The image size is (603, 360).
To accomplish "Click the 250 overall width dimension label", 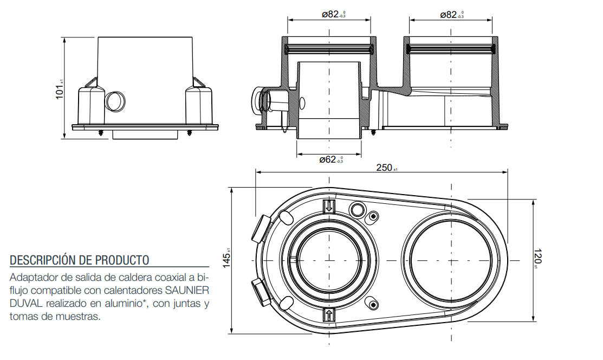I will click(384, 168).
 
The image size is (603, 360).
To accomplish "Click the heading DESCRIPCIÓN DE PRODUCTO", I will click(79, 260).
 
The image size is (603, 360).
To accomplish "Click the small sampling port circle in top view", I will click(357, 209).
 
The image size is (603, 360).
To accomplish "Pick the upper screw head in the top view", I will click(373, 216).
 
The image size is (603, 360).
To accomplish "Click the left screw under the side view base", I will click(101, 132).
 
